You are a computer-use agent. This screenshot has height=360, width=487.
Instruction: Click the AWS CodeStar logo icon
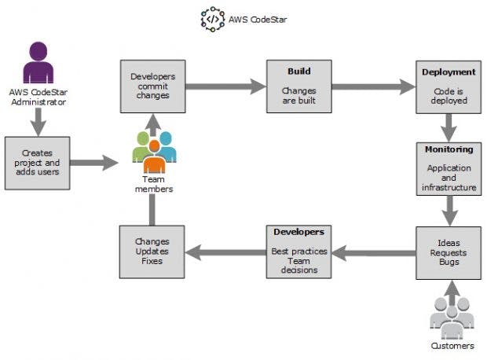(x=213, y=20)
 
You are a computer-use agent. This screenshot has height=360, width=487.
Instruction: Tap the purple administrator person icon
(x=38, y=62)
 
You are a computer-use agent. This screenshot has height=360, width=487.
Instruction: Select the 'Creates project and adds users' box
(x=37, y=163)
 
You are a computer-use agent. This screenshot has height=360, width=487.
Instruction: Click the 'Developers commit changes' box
(x=153, y=86)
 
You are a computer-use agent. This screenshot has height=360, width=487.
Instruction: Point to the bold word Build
(x=299, y=72)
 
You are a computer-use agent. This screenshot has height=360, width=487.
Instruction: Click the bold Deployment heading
(x=449, y=72)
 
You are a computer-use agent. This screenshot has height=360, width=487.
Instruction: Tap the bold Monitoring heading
(x=449, y=149)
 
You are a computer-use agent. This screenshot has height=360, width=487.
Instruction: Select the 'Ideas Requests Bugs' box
(x=449, y=253)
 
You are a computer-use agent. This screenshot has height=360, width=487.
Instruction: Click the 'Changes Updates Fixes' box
(x=152, y=252)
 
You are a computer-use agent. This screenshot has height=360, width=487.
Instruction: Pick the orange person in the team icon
(x=154, y=157)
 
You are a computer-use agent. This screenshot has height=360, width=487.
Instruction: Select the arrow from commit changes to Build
(x=225, y=86)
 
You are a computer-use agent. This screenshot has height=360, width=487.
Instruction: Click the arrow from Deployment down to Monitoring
(x=449, y=128)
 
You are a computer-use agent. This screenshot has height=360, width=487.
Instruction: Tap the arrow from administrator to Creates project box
(x=38, y=122)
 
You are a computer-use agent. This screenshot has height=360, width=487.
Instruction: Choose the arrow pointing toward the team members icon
(x=94, y=163)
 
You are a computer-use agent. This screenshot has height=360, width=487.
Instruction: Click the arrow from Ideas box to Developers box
(x=374, y=253)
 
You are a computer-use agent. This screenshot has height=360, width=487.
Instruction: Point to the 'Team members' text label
(x=154, y=184)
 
